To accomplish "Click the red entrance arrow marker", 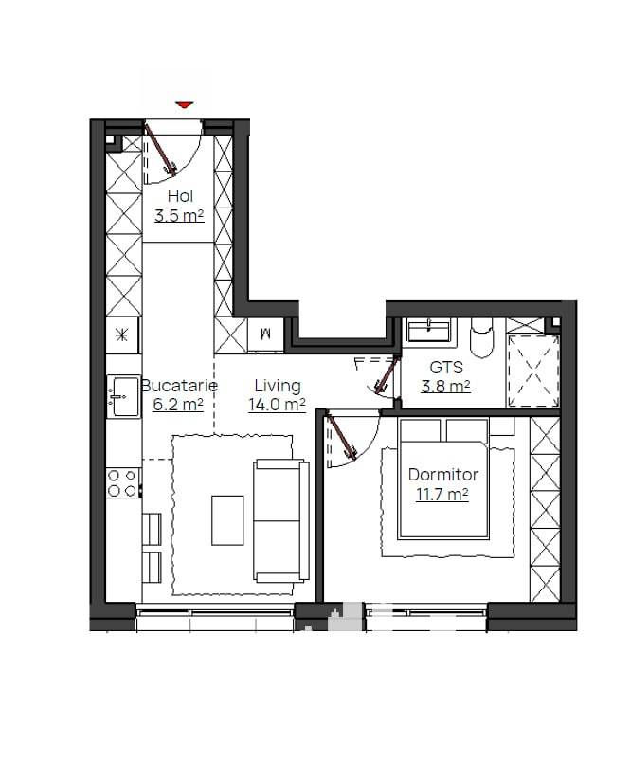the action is tap(185, 104).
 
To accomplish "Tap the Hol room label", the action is tap(181, 196).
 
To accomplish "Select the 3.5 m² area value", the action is tap(179, 215).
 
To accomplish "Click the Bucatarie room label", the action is tap(179, 386).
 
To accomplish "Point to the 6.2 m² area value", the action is tap(178, 405).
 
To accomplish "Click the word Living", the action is tap(278, 386).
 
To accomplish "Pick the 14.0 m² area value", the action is tap(278, 405).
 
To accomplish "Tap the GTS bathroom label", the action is tap(446, 368).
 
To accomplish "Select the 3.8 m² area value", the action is tap(445, 387).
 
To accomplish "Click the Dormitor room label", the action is tap(443, 475).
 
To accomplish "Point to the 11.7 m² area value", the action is tap(442, 495).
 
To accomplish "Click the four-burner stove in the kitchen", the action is tap(123, 483).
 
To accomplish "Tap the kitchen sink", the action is tap(124, 397).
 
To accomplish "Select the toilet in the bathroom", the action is tap(481, 338).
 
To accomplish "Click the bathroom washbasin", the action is tap(429, 331).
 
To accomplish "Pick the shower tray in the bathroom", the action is tap(533, 371).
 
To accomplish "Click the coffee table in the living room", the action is tap(227, 520).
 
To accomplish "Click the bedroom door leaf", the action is tap(342, 436).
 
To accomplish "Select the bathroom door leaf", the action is tap(388, 374).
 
